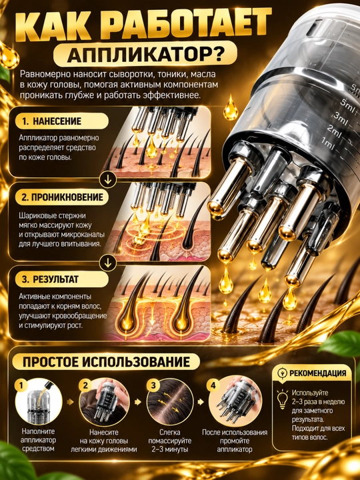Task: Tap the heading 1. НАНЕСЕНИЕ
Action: point(52,121)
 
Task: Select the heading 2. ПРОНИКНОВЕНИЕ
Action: point(63,197)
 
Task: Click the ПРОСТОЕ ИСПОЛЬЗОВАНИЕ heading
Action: point(106,362)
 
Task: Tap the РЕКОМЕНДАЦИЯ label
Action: point(318,373)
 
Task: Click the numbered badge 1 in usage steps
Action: point(21,386)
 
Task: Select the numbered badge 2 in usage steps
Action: point(85,386)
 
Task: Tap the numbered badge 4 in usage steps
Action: point(213,386)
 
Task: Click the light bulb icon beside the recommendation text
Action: point(282,398)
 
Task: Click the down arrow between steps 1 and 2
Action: point(108,180)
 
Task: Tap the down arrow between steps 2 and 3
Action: point(108,263)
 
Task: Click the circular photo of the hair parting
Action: point(170,401)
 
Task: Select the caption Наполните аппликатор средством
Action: point(38,440)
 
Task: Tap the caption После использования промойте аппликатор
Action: point(235,441)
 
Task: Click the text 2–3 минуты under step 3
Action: point(170,450)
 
